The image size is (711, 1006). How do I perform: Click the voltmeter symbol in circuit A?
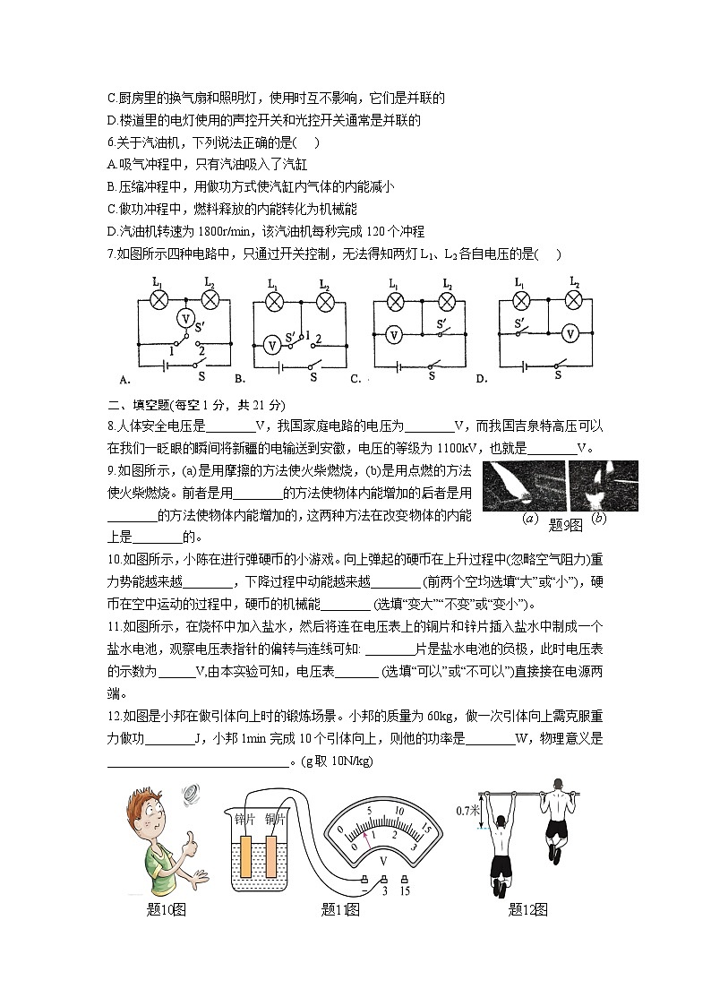184,318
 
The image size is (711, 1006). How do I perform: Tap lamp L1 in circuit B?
273,300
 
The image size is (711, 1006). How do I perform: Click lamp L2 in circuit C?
446,300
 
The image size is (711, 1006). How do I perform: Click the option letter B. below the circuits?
240,379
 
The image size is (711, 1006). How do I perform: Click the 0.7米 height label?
467,811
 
